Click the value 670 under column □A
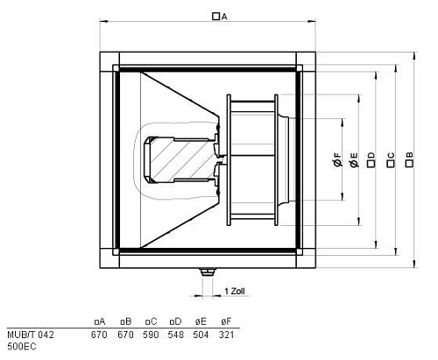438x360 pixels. pos(99,334)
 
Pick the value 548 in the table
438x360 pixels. pos(176,334)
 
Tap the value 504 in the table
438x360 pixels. pos(201,334)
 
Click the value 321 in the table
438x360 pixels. pos(227,334)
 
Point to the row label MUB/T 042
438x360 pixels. pos(23,334)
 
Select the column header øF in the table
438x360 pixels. pos(227,321)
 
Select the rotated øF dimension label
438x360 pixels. pos(337,160)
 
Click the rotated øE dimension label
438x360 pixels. pos(354,160)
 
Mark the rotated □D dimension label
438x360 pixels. pos(371,158)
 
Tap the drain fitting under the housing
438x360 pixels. pos(207,275)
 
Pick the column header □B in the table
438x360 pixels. pos(124,321)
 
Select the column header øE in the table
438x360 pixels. pos(201,321)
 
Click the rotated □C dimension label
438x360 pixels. pos(390,158)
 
